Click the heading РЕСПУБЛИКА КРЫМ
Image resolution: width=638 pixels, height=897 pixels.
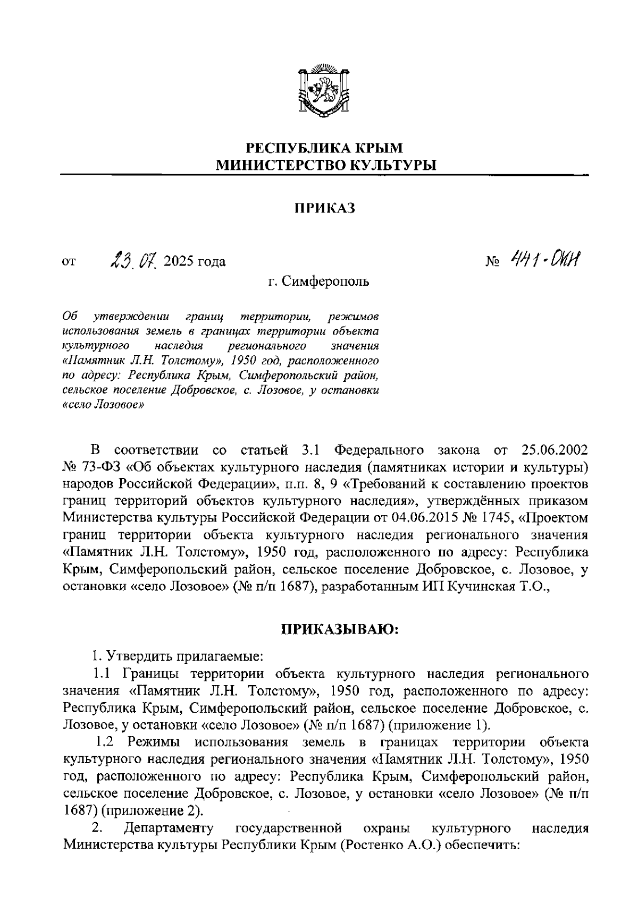click(x=325, y=148)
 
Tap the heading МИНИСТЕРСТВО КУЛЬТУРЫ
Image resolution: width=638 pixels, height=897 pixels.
click(x=325, y=165)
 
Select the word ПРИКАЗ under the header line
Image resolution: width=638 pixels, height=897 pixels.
click(x=325, y=209)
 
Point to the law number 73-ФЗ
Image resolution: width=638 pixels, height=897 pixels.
click(x=104, y=467)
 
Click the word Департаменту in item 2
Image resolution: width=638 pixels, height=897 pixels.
click(x=168, y=828)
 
